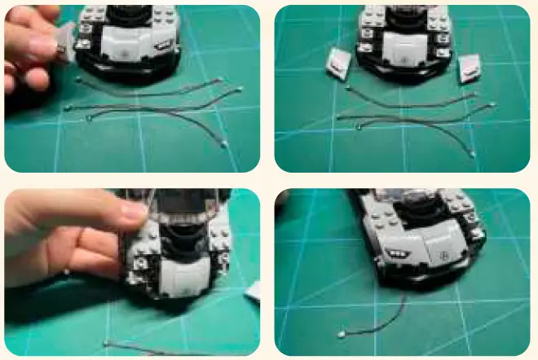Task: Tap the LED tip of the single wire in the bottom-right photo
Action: click(340, 334)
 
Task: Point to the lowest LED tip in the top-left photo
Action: click(224, 144)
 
